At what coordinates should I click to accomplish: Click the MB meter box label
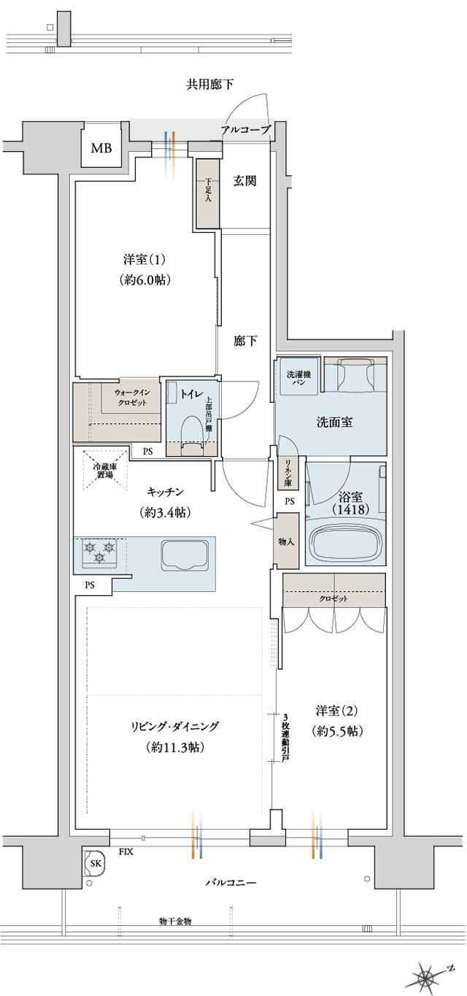click(101, 149)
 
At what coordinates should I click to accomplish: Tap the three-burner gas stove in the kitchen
click(99, 552)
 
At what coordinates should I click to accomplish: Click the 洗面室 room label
click(333, 422)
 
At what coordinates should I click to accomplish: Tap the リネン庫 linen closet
click(287, 474)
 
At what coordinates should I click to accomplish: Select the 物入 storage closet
click(285, 541)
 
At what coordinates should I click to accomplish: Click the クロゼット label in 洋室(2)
click(333, 598)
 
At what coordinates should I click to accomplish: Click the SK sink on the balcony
click(95, 863)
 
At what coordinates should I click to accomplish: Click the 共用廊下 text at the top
click(210, 85)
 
